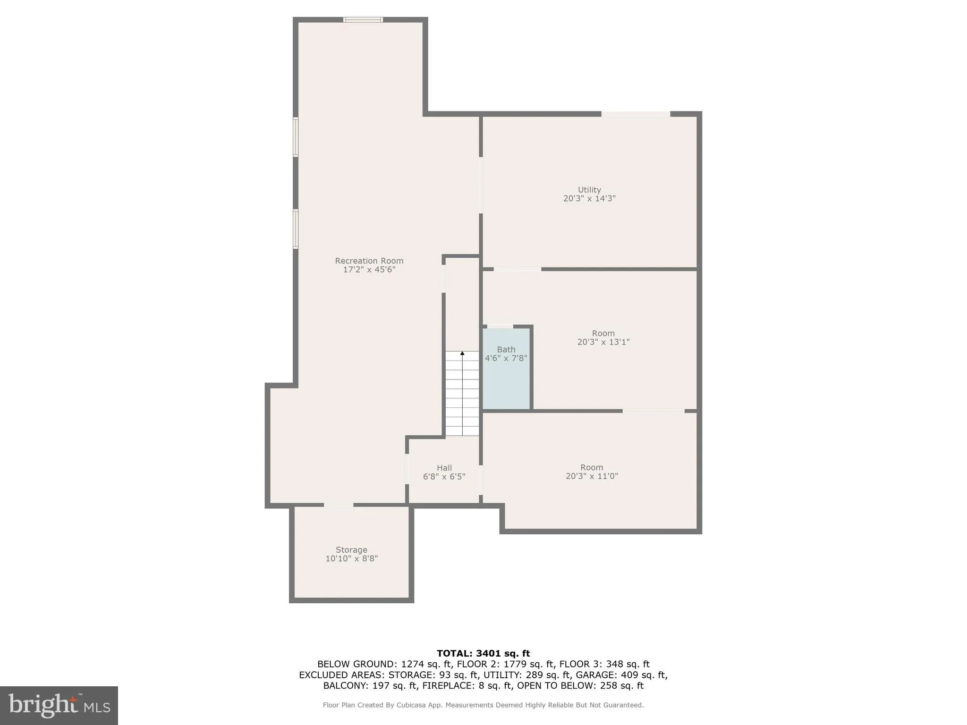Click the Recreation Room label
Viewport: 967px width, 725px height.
369,261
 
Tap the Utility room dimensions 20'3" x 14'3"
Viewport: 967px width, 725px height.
589,199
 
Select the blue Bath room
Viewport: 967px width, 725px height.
506,382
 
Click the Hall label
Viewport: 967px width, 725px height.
444,468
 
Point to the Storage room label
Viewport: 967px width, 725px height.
351,550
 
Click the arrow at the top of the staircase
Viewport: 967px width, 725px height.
462,354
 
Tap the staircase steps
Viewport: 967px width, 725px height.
462,396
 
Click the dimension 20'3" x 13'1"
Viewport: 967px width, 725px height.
603,342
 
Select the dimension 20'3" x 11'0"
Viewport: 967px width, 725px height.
592,476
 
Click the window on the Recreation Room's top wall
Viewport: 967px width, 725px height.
363,20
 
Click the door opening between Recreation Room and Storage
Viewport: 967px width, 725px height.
339,506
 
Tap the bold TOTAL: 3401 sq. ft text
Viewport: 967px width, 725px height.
483,654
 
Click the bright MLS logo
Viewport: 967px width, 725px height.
59,706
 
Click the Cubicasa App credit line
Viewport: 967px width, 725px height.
483,705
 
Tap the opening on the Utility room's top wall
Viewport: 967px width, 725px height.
636,114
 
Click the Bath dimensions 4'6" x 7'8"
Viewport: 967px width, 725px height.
506,358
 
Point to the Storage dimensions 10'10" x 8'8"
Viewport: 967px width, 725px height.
351,559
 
